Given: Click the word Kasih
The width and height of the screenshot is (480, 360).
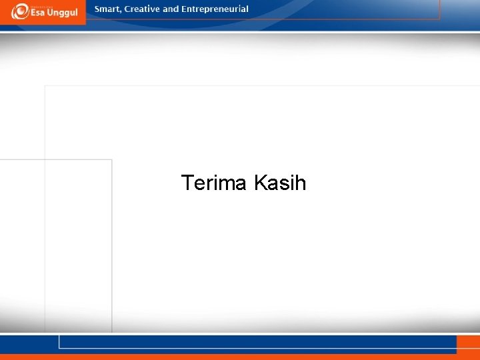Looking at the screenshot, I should (280, 183).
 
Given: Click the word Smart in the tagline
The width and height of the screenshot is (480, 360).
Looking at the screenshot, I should (107, 9).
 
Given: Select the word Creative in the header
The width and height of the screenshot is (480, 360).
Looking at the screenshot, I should (142, 9).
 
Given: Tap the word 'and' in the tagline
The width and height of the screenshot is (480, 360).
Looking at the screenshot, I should (171, 9).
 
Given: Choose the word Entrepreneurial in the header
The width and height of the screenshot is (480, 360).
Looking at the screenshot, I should (215, 9).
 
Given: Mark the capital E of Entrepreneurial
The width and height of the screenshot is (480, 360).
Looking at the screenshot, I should (184, 9).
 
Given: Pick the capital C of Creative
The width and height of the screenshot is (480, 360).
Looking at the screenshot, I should (127, 9).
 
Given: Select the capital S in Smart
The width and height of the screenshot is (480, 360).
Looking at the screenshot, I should (97, 9).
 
